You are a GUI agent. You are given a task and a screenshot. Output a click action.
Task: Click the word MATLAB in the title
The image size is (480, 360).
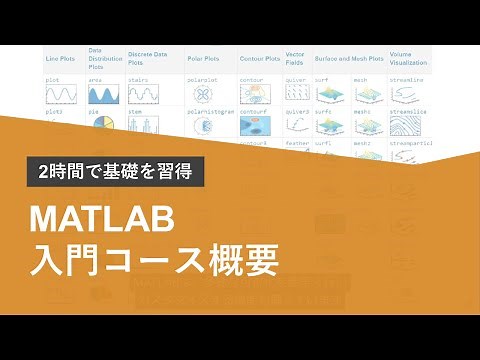(103, 218)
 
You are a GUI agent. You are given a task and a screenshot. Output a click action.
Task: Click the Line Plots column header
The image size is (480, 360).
(60, 59)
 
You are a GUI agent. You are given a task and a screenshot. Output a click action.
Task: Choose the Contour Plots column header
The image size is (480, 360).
(259, 59)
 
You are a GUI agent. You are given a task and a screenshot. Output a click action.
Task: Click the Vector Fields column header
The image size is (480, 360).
(295, 59)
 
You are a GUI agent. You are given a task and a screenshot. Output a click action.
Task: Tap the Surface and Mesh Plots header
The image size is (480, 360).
(346, 59)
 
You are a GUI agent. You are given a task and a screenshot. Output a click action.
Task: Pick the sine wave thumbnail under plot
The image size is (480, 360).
(62, 96)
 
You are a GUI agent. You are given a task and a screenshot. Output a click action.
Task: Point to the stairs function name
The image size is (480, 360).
(139, 77)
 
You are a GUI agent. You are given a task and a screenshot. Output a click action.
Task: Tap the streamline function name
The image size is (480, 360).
(408, 77)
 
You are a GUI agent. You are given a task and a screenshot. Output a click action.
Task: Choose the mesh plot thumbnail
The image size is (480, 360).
(368, 96)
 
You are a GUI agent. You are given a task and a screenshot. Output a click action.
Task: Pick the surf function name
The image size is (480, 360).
(322, 77)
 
